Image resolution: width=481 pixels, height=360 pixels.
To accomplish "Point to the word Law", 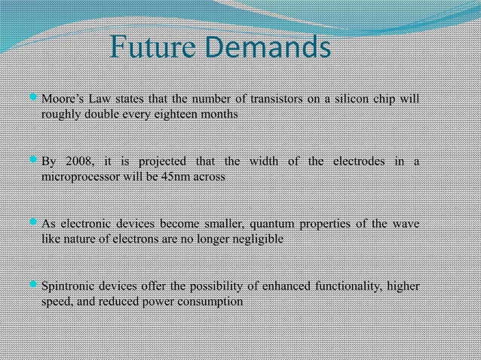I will [100, 99].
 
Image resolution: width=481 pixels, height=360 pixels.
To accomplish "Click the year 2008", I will [79, 162].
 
